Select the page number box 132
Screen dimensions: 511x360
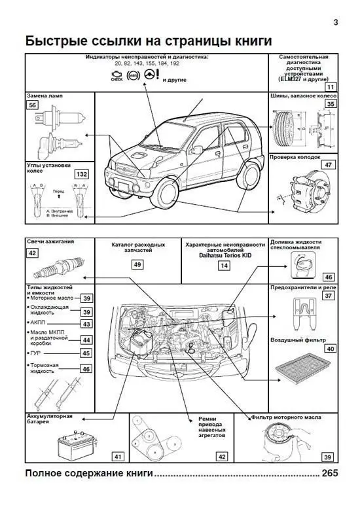click(x=82, y=175)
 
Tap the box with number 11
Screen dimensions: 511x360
click(x=331, y=86)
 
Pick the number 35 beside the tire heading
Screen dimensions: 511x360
click(x=331, y=103)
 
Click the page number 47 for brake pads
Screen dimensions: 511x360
click(x=329, y=165)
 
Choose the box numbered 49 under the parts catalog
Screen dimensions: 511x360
click(x=137, y=265)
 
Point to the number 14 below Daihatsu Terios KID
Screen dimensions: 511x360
click(x=224, y=266)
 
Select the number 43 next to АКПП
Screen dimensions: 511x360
click(x=86, y=324)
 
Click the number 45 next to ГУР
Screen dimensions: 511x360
click(x=86, y=353)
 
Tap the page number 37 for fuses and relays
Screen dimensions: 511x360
click(x=329, y=296)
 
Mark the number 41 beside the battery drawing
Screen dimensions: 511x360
click(x=118, y=456)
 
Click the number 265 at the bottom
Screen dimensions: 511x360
click(x=330, y=473)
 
